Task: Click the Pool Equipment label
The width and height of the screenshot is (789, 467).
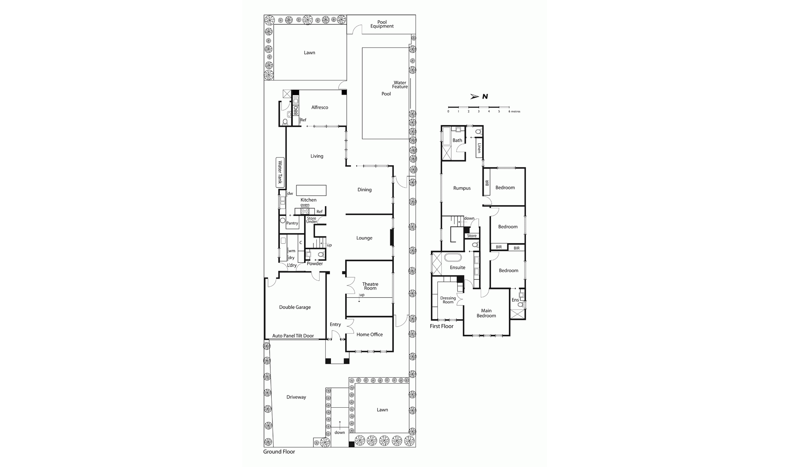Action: click(382, 24)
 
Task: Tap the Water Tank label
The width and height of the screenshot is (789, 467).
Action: click(280, 172)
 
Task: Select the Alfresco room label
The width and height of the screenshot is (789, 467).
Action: click(320, 108)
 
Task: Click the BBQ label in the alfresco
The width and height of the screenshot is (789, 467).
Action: click(296, 110)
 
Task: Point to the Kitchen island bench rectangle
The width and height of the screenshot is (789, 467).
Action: click(311, 190)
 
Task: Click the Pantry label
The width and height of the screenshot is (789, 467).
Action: click(292, 223)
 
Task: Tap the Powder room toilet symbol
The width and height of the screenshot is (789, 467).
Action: click(321, 255)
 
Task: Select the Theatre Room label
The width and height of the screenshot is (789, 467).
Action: click(370, 286)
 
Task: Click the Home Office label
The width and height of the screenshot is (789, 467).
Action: click(370, 335)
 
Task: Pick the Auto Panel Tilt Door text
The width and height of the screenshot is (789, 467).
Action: click(293, 336)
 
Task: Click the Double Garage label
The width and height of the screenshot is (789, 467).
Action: click(295, 307)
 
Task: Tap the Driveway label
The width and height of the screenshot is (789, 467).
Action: click(296, 397)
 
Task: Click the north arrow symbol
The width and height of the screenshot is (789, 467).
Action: click(474, 97)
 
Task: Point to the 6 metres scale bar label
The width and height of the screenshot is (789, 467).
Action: click(514, 111)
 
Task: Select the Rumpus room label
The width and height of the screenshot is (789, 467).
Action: click(462, 188)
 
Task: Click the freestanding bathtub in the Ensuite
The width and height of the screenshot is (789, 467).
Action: click(453, 257)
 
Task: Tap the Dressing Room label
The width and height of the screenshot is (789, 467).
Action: click(448, 300)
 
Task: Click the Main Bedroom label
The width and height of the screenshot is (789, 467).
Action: click(486, 313)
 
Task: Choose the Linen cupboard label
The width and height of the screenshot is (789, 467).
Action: click(479, 148)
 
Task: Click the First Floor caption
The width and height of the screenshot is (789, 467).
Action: click(441, 326)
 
